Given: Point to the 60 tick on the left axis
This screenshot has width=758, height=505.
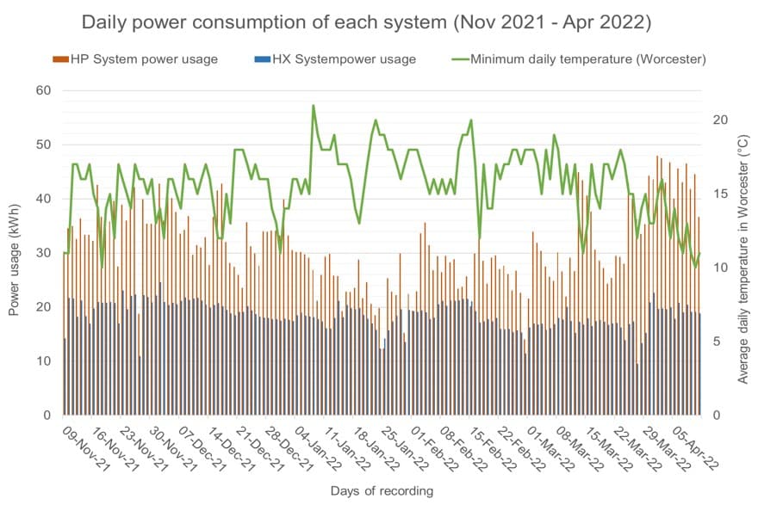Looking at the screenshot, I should tap(42, 90).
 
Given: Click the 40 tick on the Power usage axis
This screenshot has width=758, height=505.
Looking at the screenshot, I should tap(42, 199).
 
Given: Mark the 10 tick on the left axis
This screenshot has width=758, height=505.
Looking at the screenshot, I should tap(42, 361).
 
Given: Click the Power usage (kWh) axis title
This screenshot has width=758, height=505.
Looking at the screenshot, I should tap(14, 253).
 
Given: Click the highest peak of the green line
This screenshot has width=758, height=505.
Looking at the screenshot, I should tap(314, 106).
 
